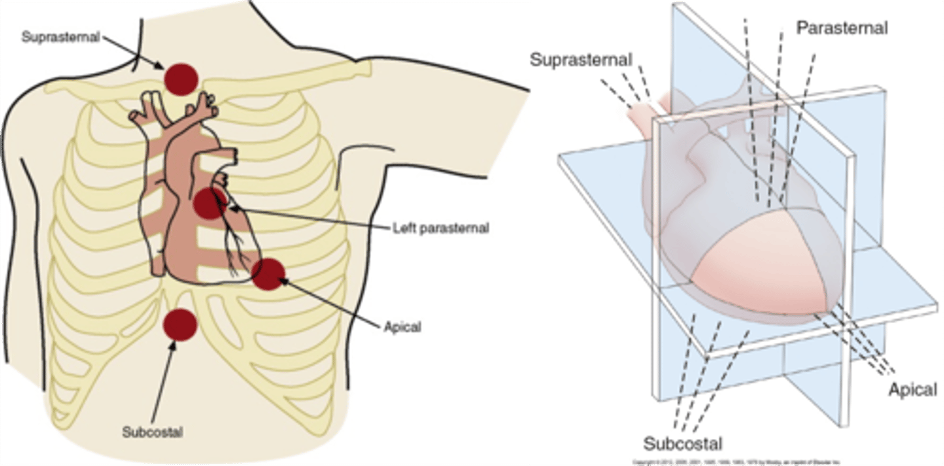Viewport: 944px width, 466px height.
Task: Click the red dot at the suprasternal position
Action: [x=180, y=79]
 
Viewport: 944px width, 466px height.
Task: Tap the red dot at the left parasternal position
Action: [x=210, y=203]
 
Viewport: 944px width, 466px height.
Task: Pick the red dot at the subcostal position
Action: [x=180, y=324]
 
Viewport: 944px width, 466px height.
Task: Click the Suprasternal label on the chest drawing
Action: [x=60, y=37]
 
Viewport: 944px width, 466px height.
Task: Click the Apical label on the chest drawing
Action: [x=402, y=326]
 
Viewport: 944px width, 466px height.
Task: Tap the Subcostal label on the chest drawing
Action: [x=152, y=433]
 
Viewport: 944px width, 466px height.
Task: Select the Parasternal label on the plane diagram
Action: [x=842, y=28]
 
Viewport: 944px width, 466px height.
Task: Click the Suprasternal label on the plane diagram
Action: [x=580, y=60]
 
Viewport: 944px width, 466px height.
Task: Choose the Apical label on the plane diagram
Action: [x=913, y=390]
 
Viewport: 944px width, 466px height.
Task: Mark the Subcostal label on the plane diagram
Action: [x=683, y=442]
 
